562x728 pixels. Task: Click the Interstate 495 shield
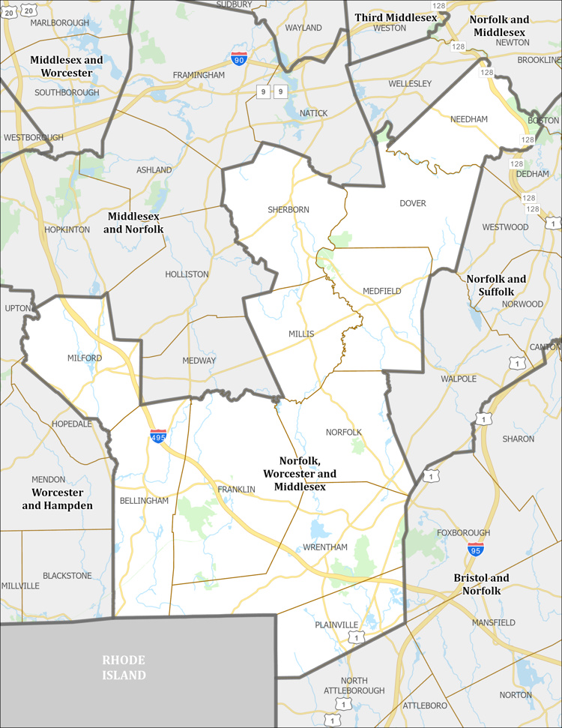(158, 436)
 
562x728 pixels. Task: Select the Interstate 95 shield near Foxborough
(475, 550)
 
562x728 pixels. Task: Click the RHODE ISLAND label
(124, 667)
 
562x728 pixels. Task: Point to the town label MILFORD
(84, 358)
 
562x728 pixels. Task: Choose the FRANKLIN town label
(236, 490)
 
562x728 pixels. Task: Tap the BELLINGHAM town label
(144, 501)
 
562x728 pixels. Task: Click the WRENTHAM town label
(325, 547)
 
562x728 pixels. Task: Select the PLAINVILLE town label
(336, 625)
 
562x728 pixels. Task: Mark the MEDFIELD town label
(382, 291)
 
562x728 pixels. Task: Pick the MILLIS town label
(301, 334)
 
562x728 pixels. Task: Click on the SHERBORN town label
(288, 210)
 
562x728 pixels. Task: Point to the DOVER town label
(413, 203)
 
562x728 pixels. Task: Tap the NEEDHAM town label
(469, 119)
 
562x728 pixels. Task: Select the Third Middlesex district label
(396, 17)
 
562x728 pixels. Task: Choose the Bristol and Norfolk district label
(482, 584)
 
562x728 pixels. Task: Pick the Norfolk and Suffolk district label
(496, 285)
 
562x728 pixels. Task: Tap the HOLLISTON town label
(187, 274)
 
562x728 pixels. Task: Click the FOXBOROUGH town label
(464, 533)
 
